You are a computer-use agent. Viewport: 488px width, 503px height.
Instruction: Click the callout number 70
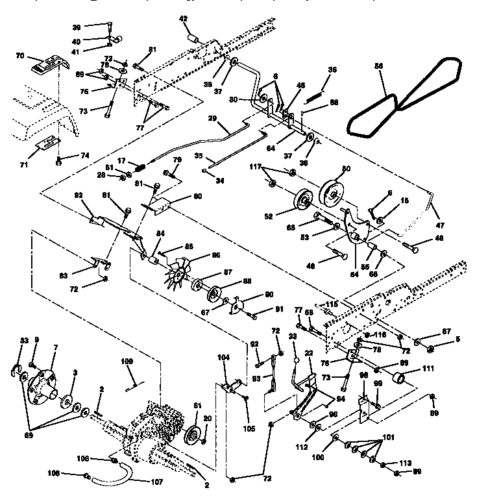pyautogui.click(x=19, y=56)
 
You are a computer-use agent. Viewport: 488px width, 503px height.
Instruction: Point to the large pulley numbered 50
pyautogui.click(x=334, y=188)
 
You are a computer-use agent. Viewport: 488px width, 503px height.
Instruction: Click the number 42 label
pyautogui.click(x=184, y=19)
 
